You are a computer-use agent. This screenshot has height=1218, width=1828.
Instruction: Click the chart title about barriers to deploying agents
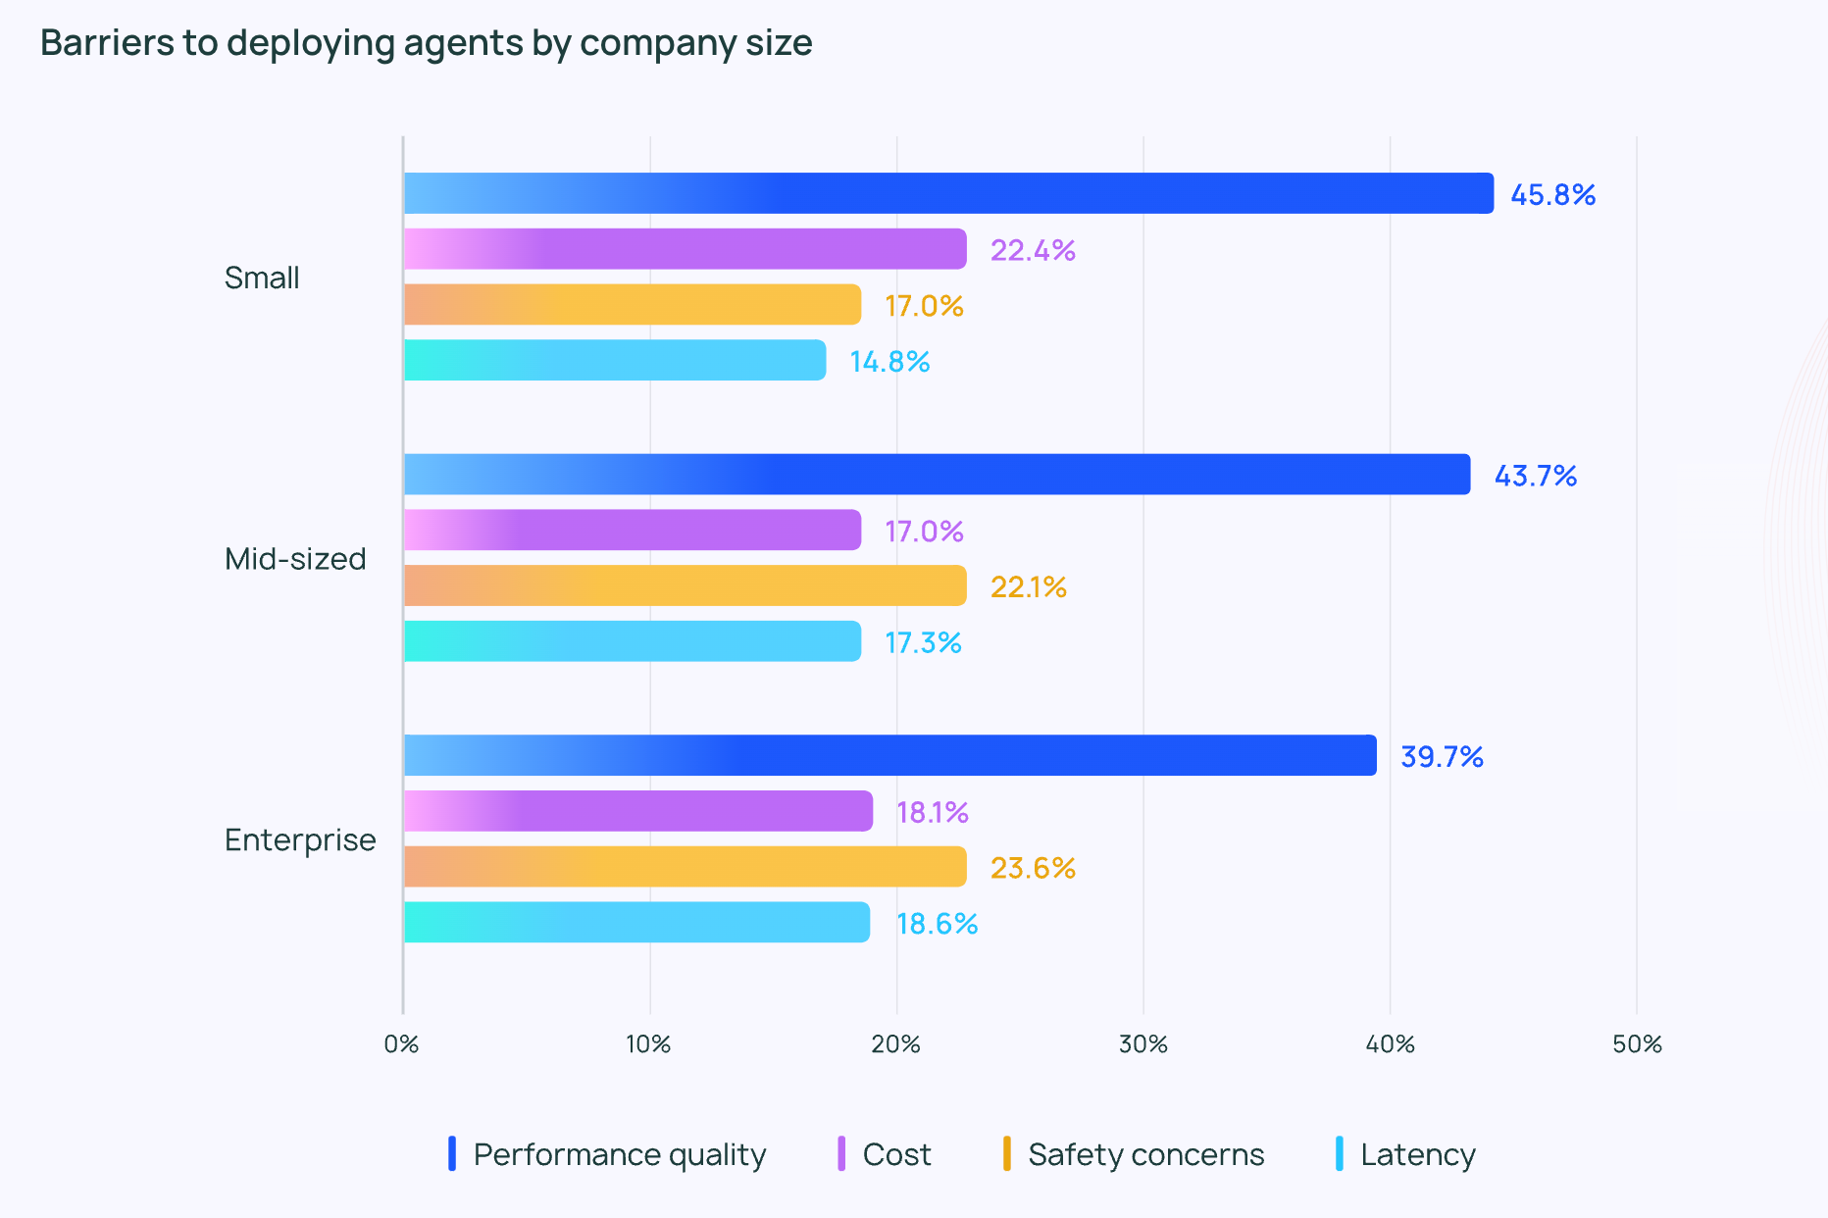point(426,43)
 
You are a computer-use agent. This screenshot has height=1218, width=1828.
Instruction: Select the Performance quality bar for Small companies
point(947,193)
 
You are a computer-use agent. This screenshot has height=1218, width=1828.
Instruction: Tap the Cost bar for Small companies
point(685,249)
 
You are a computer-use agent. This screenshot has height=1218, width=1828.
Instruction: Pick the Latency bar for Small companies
point(615,360)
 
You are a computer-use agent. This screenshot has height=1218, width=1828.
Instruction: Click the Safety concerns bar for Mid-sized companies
point(685,585)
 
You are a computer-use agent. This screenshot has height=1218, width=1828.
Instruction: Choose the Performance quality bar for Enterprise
point(889,755)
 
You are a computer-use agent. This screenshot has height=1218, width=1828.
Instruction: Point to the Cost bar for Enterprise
point(637,811)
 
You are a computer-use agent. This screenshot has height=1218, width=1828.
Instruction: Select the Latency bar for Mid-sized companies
point(633,641)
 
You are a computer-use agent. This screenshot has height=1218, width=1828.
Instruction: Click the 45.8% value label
point(1552,194)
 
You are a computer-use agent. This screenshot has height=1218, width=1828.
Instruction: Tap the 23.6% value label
point(1033,868)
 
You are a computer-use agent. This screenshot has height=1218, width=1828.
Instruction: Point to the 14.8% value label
point(889,362)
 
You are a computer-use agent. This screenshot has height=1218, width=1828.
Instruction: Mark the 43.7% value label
point(1535,476)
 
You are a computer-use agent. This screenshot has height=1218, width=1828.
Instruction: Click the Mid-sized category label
point(295,559)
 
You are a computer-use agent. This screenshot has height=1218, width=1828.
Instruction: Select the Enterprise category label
point(300,840)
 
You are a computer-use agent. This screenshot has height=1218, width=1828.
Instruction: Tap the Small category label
point(262,279)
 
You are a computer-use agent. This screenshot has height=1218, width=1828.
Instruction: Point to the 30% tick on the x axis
point(1143,1044)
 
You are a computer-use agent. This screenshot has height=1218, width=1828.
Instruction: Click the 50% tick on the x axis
point(1637,1044)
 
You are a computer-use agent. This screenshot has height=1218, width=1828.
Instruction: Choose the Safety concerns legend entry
point(1145,1154)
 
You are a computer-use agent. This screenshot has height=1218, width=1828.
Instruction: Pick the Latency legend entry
point(1417,1154)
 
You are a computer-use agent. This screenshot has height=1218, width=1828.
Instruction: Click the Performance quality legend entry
point(619,1154)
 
